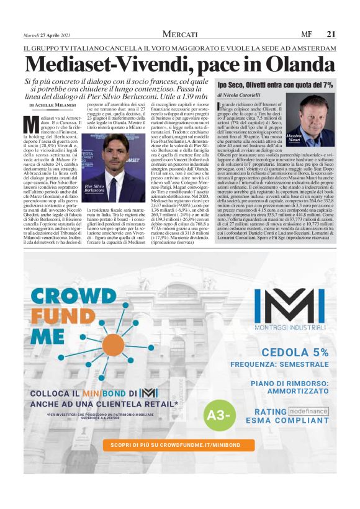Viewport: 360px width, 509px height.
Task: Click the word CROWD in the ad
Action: pos(68,294)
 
